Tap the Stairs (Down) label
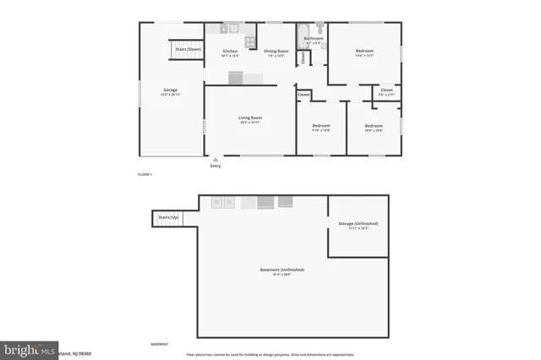pos(188,49)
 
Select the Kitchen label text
pos(230,52)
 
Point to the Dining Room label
pos(276,52)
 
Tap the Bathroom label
pos(314,38)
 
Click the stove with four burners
pos(250,41)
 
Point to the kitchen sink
pos(226,29)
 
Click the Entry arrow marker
pos(215,158)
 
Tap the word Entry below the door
pos(215,166)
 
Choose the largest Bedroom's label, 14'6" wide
pos(364,52)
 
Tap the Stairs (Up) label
pos(168,218)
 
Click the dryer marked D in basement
pos(217,202)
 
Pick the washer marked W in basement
pos(229,202)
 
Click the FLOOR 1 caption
pos(145,173)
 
